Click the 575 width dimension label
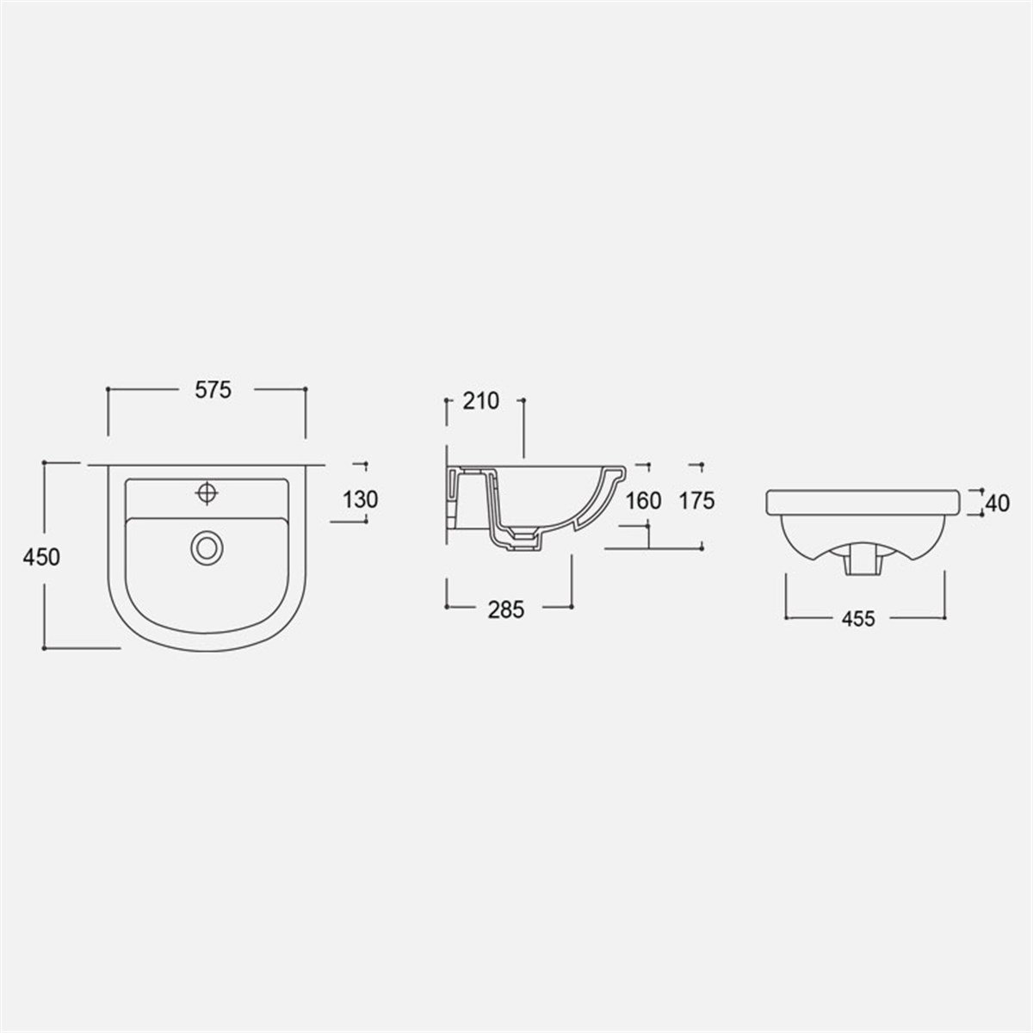tap(213, 390)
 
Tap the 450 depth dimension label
tap(41, 558)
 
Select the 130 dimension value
tap(360, 499)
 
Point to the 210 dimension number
tap(481, 401)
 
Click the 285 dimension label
tap(505, 609)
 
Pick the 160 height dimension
tap(643, 501)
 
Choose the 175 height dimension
tap(697, 501)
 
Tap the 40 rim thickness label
tap(998, 503)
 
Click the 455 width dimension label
tap(858, 619)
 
